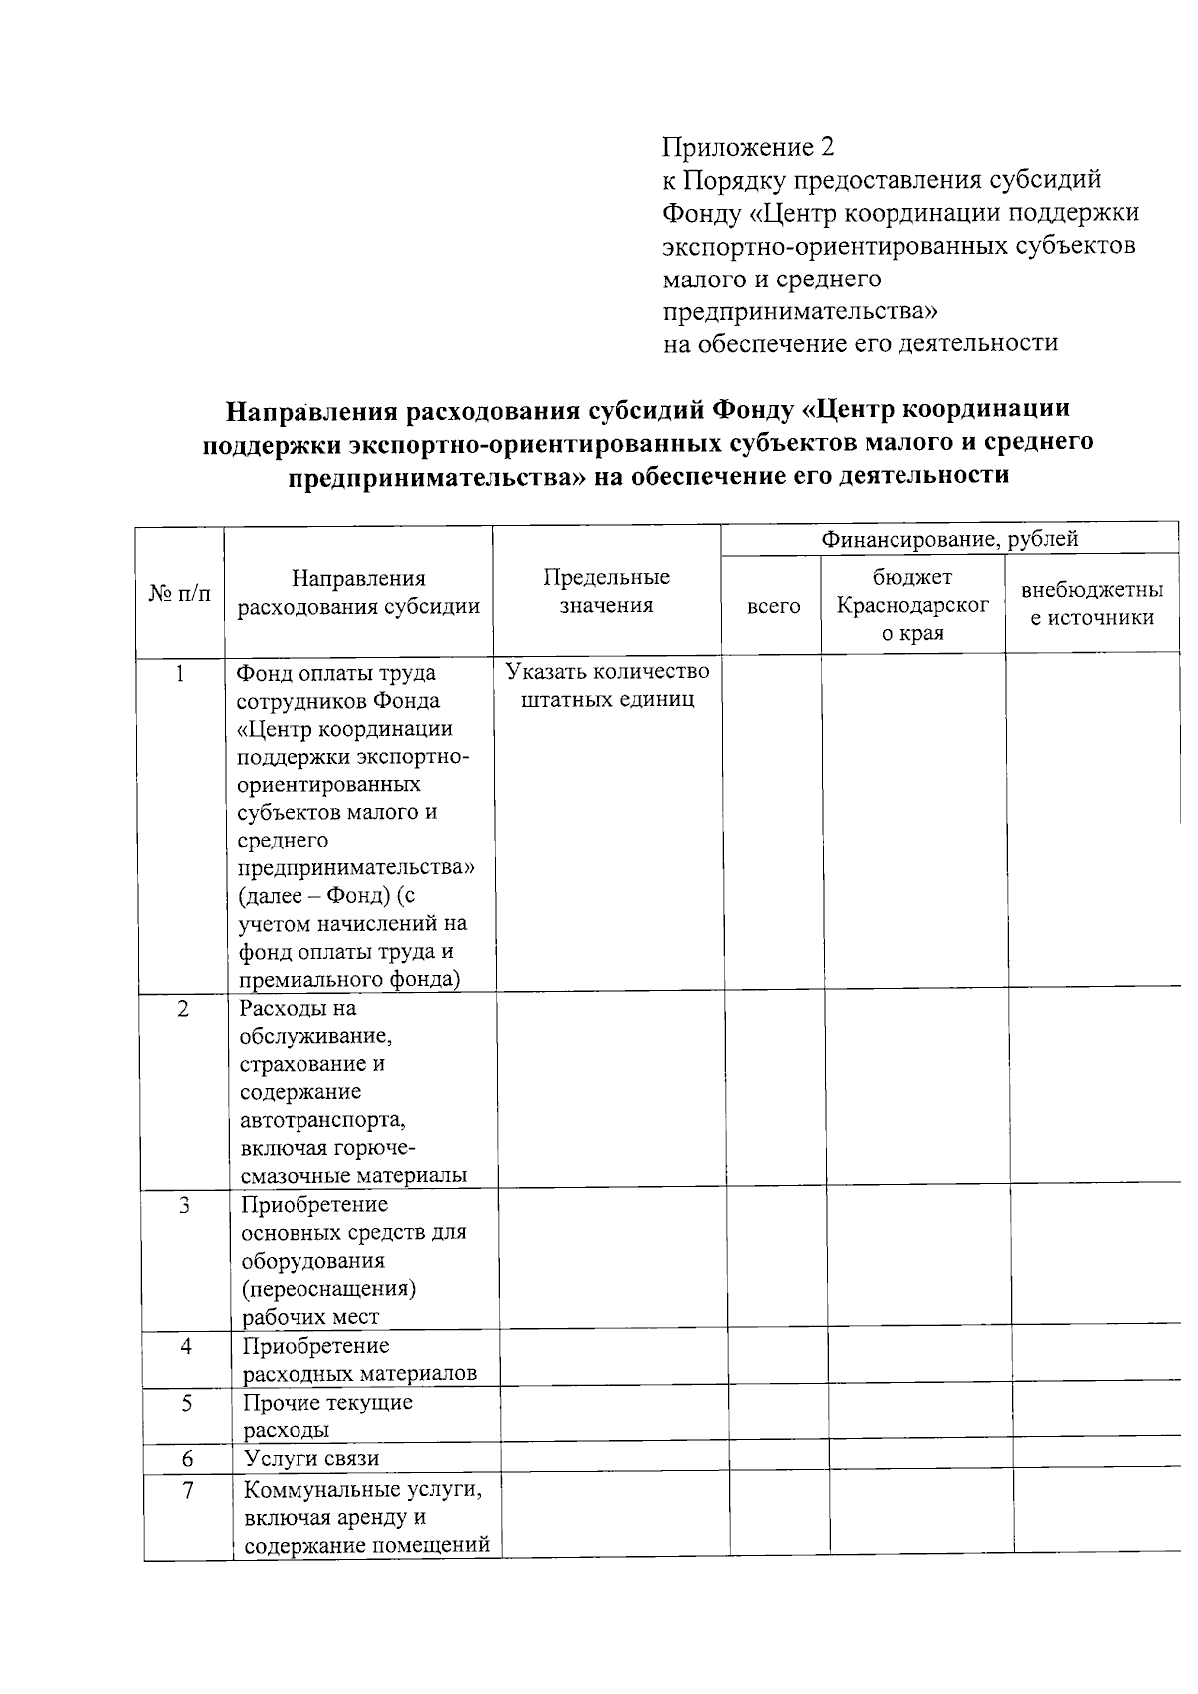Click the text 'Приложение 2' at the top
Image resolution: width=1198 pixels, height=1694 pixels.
(x=747, y=148)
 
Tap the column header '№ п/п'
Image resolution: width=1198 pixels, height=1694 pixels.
(x=180, y=593)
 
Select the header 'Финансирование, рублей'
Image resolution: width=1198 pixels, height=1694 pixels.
(x=948, y=540)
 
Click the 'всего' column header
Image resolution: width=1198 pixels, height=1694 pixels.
(x=773, y=606)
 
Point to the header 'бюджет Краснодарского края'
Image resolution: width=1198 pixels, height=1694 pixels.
(x=912, y=605)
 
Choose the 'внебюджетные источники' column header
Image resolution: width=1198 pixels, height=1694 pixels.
(x=1092, y=604)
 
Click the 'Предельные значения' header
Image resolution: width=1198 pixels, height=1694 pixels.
(x=606, y=591)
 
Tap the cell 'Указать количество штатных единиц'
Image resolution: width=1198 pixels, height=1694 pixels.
(x=607, y=684)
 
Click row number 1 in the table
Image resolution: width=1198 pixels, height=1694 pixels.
(x=180, y=673)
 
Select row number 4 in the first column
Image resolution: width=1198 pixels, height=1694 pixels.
(x=186, y=1346)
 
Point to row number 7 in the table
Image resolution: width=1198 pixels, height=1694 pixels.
(x=188, y=1490)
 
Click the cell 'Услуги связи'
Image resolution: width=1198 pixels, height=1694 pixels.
(x=312, y=1458)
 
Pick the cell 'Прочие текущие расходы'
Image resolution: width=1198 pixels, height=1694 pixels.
(x=327, y=1415)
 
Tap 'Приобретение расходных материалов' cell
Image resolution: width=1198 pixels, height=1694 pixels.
(x=359, y=1359)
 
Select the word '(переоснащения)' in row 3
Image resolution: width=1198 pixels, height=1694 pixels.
(x=329, y=1288)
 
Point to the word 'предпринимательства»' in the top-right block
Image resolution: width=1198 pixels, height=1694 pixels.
(x=802, y=311)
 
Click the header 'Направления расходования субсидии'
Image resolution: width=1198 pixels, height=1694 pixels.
(x=358, y=592)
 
